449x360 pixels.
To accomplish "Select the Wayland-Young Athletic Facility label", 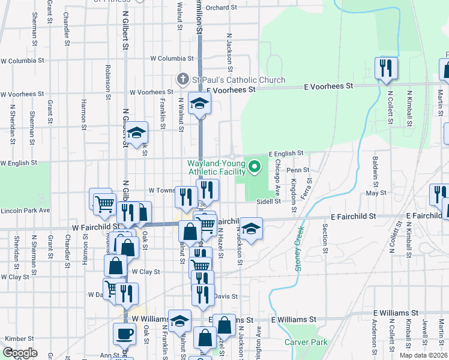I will (216, 167).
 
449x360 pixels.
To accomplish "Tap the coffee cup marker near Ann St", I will (124, 334).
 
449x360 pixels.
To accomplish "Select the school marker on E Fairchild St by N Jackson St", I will (252, 229).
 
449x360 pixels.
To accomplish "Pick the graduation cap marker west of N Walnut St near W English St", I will (137, 133).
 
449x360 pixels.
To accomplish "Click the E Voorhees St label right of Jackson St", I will (231, 89).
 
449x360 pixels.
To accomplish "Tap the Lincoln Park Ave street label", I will (25, 211).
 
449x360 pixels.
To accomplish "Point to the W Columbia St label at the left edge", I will (23, 61).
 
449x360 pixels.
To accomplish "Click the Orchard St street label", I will (217, 8).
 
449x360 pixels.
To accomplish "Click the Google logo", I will (20, 352).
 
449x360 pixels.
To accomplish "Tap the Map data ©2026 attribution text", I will (423, 313).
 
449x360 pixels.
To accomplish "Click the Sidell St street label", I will (269, 202).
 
